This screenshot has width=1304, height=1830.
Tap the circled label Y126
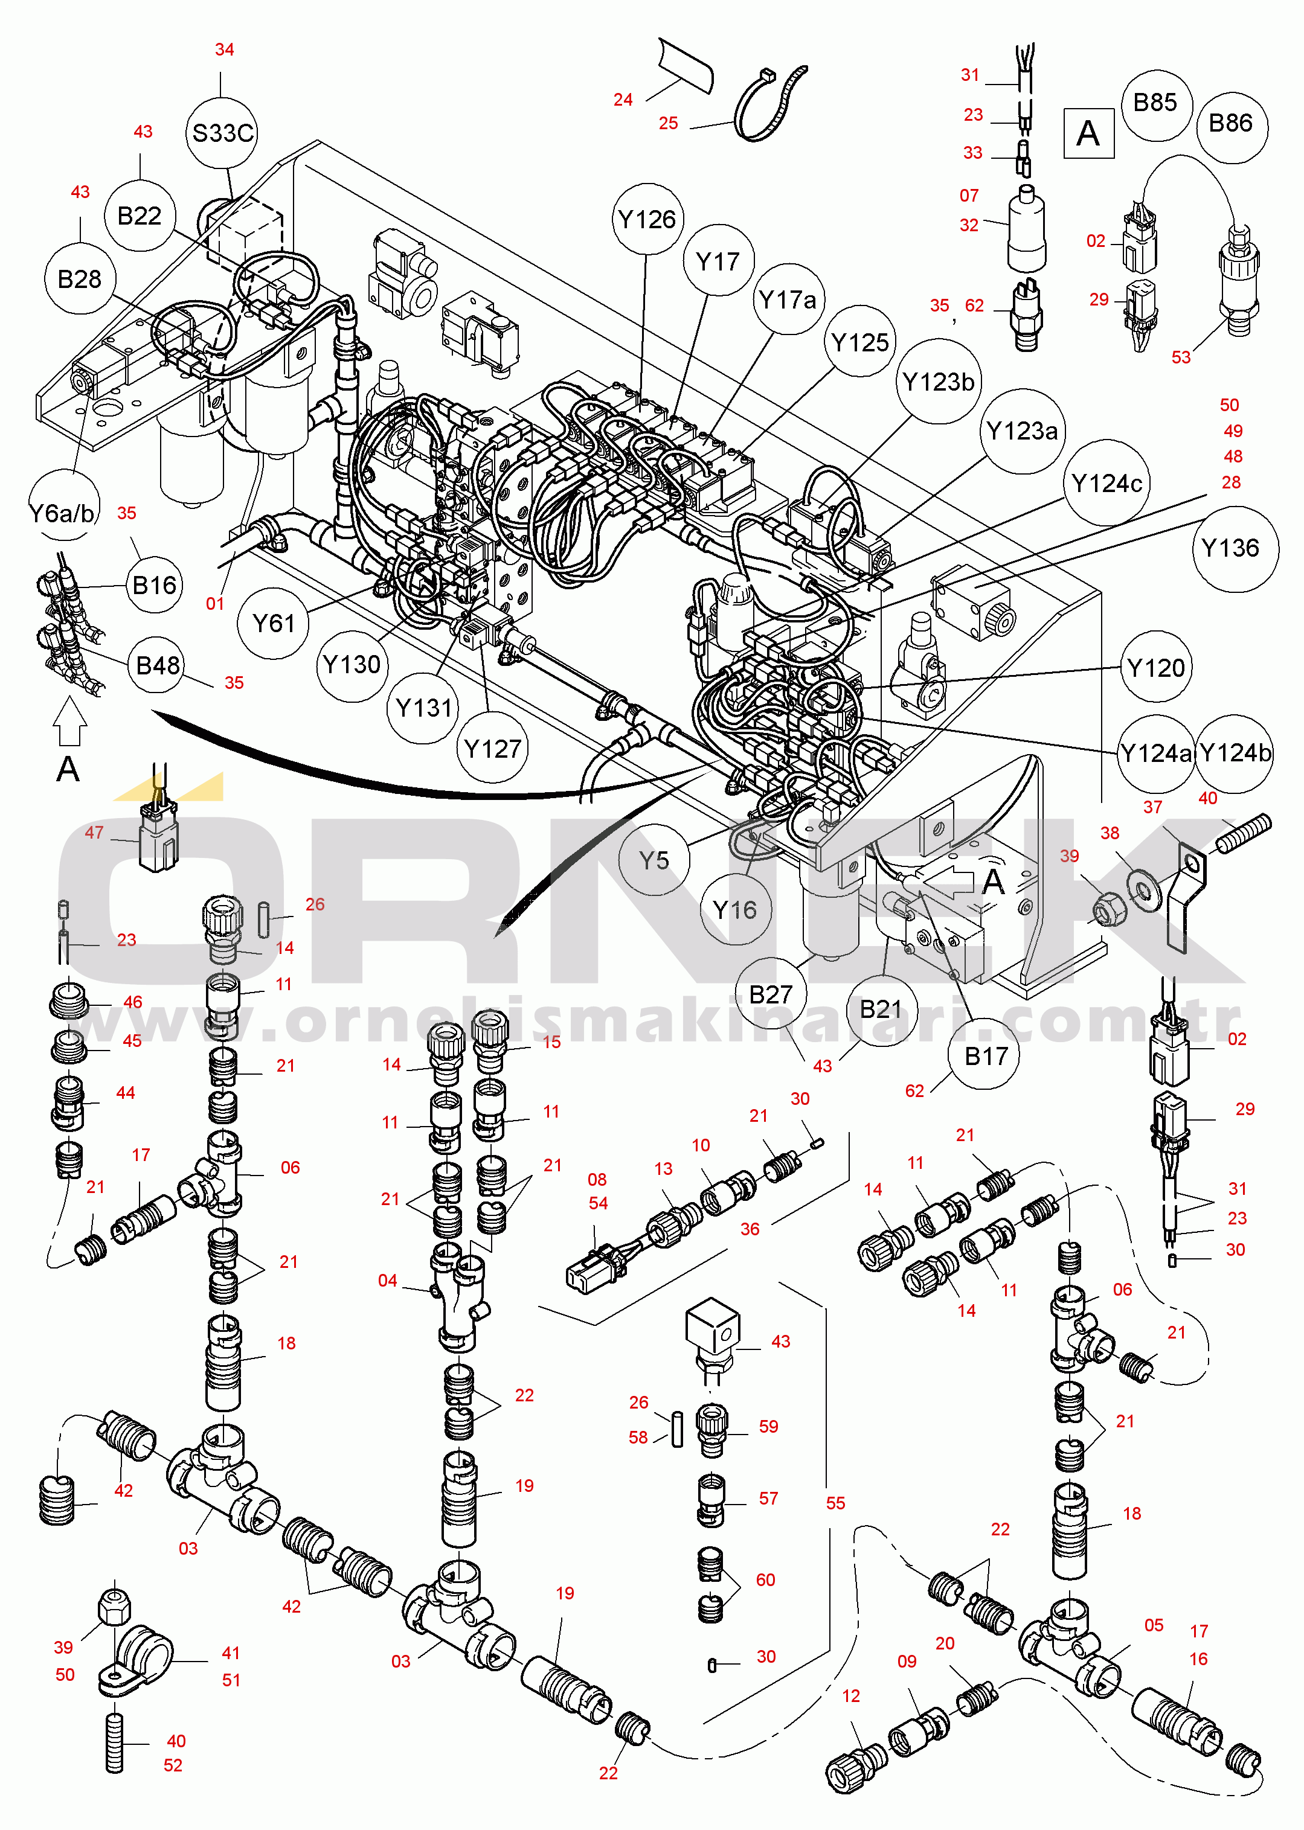[x=647, y=219]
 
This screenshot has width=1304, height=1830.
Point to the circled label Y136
[x=1230, y=548]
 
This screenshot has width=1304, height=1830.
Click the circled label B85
[x=1155, y=103]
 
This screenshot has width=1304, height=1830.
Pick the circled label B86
[x=1230, y=124]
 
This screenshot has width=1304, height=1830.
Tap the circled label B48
[x=158, y=665]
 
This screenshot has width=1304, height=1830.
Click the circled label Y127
[x=493, y=748]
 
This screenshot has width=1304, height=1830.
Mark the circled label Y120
[x=1155, y=668]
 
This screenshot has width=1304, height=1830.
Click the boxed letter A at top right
[x=1088, y=133]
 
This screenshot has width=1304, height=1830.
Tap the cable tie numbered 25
[x=769, y=103]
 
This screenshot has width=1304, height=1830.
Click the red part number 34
[x=225, y=50]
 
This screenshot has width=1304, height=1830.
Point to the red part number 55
[x=836, y=1503]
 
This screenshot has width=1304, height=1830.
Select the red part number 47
[x=94, y=833]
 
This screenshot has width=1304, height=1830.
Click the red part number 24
[x=623, y=100]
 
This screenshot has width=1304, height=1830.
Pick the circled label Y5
[x=654, y=860]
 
